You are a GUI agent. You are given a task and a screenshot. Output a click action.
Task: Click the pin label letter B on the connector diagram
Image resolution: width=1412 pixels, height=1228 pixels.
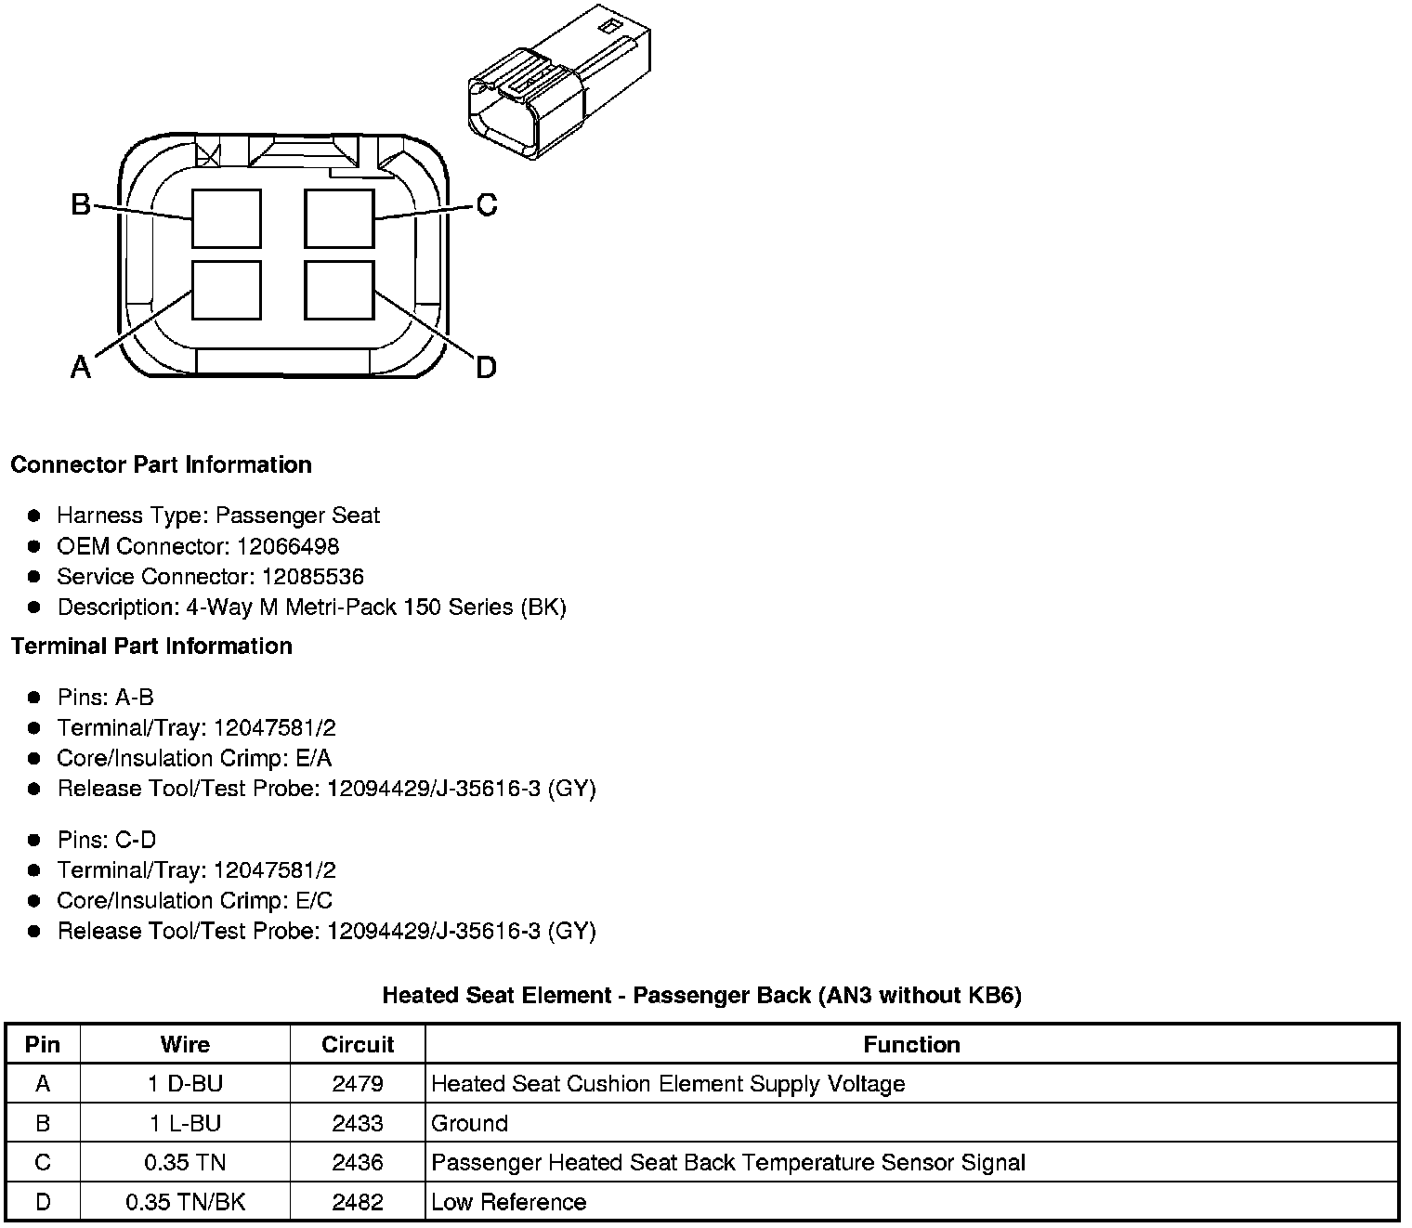click(81, 203)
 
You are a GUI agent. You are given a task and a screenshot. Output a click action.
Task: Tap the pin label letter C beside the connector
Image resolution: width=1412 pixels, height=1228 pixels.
click(486, 204)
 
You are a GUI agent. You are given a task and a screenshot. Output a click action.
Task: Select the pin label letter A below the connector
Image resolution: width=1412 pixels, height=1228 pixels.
click(81, 368)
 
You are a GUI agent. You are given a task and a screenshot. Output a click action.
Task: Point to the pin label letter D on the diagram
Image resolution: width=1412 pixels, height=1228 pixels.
click(486, 368)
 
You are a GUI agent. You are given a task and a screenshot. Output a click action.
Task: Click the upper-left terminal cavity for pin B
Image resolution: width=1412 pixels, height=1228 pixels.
click(227, 219)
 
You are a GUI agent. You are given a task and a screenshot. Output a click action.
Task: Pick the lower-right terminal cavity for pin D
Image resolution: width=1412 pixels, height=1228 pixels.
click(339, 291)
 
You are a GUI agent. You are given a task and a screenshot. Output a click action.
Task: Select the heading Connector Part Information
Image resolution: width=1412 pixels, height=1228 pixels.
click(161, 464)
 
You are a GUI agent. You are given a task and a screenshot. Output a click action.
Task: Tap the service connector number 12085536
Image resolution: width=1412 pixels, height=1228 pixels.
click(313, 577)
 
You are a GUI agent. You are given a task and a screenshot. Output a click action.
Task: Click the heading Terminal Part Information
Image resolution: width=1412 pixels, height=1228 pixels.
click(151, 646)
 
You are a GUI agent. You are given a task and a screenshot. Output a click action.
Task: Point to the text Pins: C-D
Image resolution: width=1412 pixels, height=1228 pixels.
click(106, 840)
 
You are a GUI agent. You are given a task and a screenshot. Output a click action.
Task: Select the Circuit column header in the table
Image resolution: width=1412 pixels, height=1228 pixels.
click(358, 1044)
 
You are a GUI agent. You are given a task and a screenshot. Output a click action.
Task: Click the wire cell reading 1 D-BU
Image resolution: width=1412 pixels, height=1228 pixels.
click(185, 1084)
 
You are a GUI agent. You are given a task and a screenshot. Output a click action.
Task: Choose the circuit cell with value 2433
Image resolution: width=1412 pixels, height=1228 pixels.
click(358, 1123)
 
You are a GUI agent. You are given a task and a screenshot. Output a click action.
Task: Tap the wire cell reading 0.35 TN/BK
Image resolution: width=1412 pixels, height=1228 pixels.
click(185, 1202)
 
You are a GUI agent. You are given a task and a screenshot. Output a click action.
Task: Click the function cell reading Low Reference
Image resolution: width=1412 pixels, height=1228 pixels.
click(509, 1202)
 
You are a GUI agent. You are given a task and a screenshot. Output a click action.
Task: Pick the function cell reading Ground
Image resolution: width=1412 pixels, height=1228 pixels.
click(470, 1123)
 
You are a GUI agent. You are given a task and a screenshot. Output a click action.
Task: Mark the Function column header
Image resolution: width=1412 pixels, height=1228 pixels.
click(911, 1044)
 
